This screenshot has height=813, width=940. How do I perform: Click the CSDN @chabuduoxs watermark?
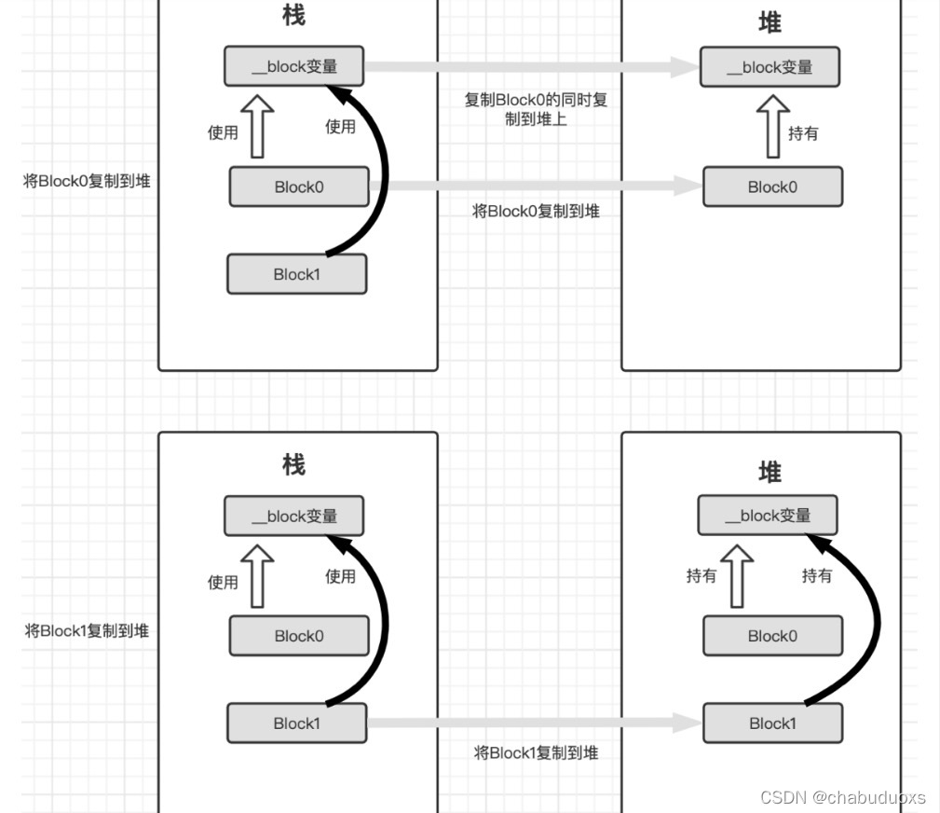click(x=842, y=797)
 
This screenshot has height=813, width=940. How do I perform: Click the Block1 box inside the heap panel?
click(x=772, y=723)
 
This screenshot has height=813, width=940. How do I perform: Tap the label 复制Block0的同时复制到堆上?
click(x=536, y=109)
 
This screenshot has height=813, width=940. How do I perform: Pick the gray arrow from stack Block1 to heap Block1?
click(x=533, y=723)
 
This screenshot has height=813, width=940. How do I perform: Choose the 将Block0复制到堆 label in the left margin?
click(x=87, y=182)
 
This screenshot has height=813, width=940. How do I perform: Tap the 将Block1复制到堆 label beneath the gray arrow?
click(x=536, y=752)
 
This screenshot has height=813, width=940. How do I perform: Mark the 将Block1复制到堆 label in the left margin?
click(x=87, y=631)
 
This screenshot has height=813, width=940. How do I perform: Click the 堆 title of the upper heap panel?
click(x=770, y=23)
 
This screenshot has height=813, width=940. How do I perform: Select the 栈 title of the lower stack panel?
click(x=293, y=464)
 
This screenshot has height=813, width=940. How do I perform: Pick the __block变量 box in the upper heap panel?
click(x=770, y=67)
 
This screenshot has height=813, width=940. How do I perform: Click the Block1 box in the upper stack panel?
click(x=296, y=274)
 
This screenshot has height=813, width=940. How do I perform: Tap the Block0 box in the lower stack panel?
click(x=299, y=636)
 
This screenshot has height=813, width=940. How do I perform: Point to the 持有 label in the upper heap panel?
click(x=803, y=133)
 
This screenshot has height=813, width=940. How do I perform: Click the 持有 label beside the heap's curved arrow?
click(x=817, y=576)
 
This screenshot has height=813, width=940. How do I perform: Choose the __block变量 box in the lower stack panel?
click(x=293, y=516)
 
